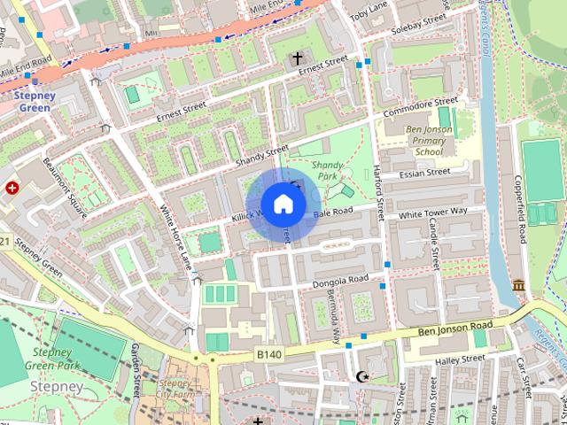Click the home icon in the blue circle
coord(283,204)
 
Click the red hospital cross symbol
coord(12,188)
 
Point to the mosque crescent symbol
coord(361,377)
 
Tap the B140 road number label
coord(269,354)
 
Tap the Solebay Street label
coord(420,21)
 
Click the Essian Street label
coord(424,173)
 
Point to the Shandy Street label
coord(263,157)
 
